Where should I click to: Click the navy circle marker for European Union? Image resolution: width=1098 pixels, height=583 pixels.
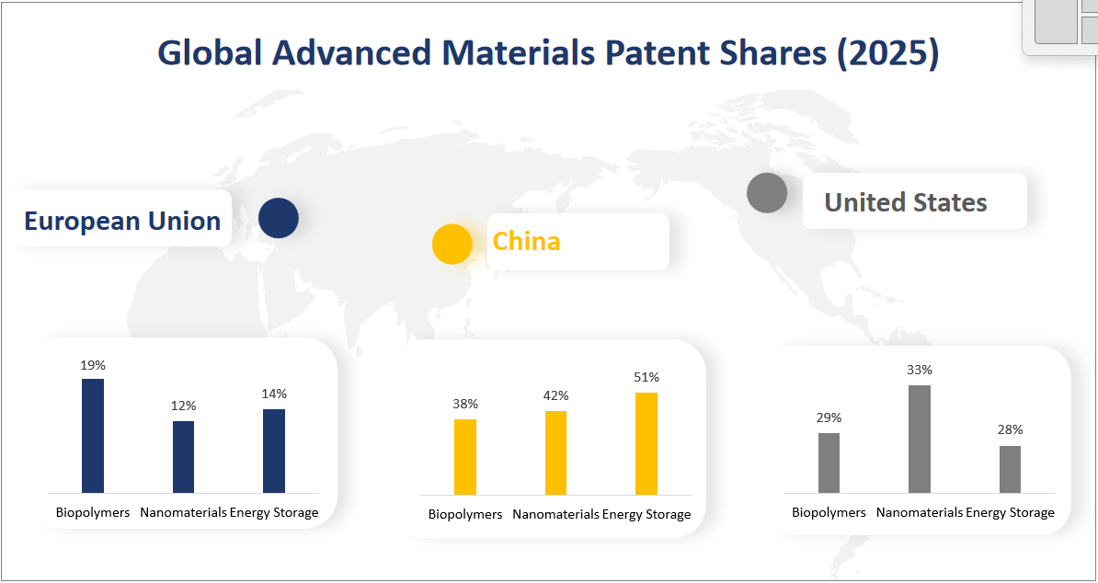tap(279, 219)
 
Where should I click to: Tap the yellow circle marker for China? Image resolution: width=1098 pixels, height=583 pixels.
tap(452, 244)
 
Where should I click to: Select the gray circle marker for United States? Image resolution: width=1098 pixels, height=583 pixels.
tap(767, 193)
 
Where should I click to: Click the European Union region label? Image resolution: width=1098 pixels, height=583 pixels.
tap(122, 221)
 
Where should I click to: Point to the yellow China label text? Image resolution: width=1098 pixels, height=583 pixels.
tap(526, 241)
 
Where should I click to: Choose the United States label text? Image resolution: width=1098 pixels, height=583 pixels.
tap(905, 202)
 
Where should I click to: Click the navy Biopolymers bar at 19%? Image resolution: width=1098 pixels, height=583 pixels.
tap(93, 436)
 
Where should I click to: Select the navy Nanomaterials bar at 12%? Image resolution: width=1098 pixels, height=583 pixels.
tap(184, 457)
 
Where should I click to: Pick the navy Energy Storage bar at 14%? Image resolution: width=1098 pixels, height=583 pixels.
tap(274, 451)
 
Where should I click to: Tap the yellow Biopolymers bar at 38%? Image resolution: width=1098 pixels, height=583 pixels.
tap(465, 457)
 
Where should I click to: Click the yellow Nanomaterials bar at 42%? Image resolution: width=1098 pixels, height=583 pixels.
tap(555, 452)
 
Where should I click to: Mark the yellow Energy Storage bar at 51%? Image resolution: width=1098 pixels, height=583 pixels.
tap(646, 443)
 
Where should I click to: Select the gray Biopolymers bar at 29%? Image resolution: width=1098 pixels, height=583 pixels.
tap(829, 463)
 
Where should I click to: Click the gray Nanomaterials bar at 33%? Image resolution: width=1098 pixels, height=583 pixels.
tap(920, 439)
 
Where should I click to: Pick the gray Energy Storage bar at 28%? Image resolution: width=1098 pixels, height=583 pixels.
tap(1010, 469)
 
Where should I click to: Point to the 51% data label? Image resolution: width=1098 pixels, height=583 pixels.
tap(646, 377)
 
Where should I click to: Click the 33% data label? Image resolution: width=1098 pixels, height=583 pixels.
tap(920, 370)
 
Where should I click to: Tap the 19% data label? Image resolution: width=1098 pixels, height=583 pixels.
tap(93, 364)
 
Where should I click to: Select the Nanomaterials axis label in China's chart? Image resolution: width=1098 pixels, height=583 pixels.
tap(555, 514)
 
